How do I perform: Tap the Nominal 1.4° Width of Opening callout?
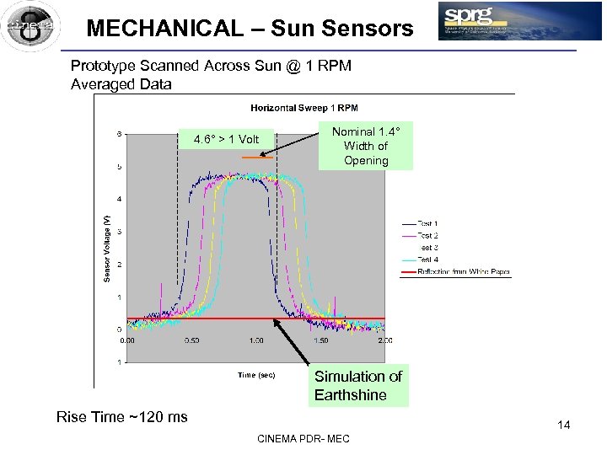click(x=366, y=147)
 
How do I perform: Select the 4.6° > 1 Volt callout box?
click(x=226, y=139)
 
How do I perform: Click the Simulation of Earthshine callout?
click(x=357, y=386)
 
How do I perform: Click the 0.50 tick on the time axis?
click(x=191, y=340)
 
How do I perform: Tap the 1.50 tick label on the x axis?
click(x=321, y=340)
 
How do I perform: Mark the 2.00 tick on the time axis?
click(x=384, y=340)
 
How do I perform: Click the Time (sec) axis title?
click(x=255, y=375)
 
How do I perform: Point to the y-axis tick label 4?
click(x=119, y=199)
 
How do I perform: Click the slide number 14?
click(x=563, y=425)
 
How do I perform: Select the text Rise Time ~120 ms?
click(x=121, y=416)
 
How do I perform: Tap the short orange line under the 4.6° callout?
click(x=253, y=158)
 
